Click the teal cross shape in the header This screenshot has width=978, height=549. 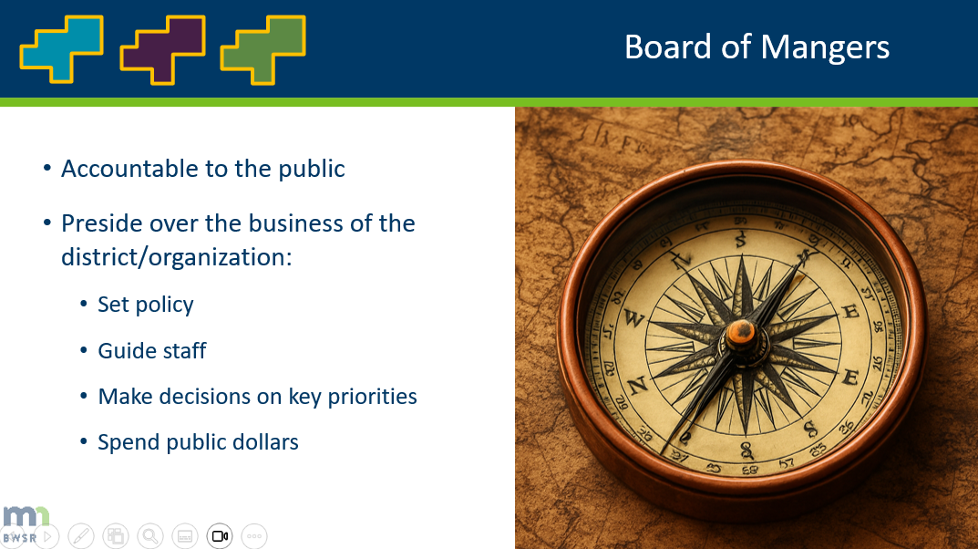61,48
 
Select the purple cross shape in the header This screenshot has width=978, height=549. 162,48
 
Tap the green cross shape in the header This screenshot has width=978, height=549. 263,48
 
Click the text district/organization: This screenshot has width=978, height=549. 176,257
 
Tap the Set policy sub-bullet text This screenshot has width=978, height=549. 146,305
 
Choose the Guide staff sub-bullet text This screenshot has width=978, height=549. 152,351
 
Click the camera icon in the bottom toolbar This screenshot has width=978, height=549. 220,536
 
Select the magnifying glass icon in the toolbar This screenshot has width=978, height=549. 150,536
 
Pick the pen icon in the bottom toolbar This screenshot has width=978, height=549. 81,536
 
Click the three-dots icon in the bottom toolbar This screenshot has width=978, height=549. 254,536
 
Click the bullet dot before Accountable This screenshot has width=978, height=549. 47,170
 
